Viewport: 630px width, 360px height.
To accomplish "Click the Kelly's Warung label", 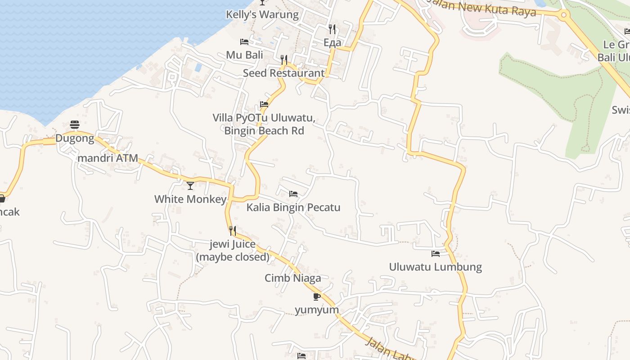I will pos(262,14).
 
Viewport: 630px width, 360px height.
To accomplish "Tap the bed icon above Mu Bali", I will pos(244,42).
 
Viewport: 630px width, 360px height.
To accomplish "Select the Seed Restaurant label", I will pos(283,73).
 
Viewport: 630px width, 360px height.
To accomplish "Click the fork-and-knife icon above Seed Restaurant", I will pos(284,59).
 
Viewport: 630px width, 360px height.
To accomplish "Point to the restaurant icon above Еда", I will pos(332,29).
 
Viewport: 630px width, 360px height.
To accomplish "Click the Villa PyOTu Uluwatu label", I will pos(264,118).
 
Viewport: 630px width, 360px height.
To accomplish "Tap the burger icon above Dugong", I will pos(75,125).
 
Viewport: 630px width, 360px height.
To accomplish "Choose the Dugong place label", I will pos(75,138).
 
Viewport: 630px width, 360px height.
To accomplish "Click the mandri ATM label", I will pos(108,158).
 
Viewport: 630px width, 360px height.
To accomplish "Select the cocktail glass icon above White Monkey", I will pos(191,185).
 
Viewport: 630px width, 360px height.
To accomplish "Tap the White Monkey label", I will pos(190,199).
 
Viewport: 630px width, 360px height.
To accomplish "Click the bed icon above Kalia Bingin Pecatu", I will pos(293,194).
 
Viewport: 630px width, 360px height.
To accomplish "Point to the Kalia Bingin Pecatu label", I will pos(293,207).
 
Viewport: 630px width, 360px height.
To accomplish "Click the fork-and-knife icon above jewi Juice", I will pos(233,231).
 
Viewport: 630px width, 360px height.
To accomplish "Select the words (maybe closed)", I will pos(233,257).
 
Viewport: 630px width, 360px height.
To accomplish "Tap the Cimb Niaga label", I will pos(293,278).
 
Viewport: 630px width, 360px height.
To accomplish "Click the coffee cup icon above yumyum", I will pos(317,297).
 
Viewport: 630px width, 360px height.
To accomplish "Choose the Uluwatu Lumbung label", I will pos(435,267).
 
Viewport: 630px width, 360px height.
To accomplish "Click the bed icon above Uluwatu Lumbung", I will pos(435,254).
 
